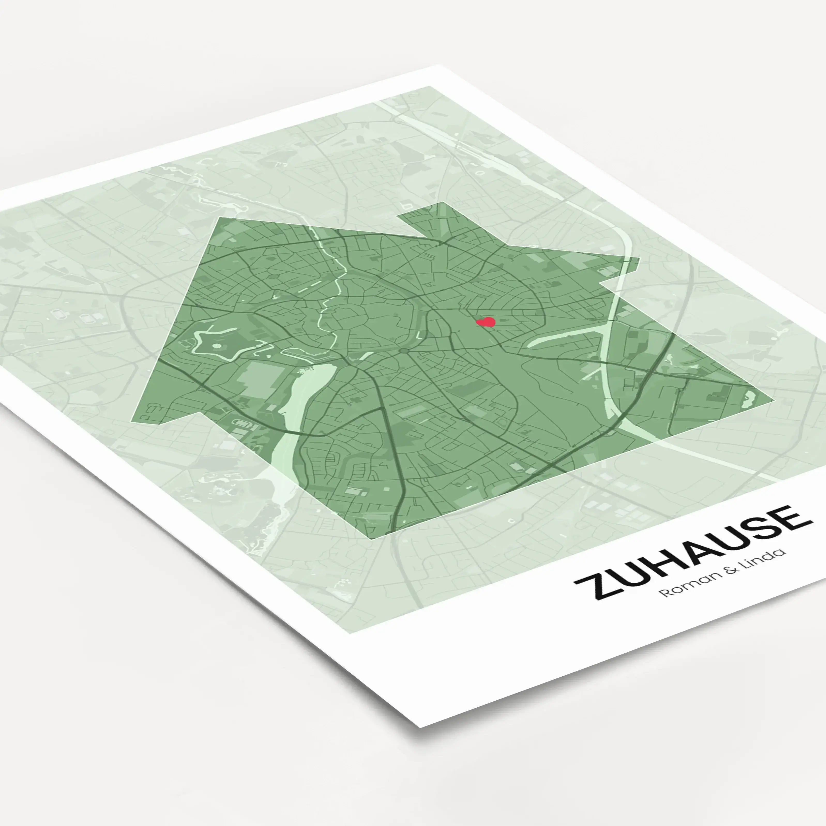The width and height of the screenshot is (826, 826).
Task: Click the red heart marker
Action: pos(486,322)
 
